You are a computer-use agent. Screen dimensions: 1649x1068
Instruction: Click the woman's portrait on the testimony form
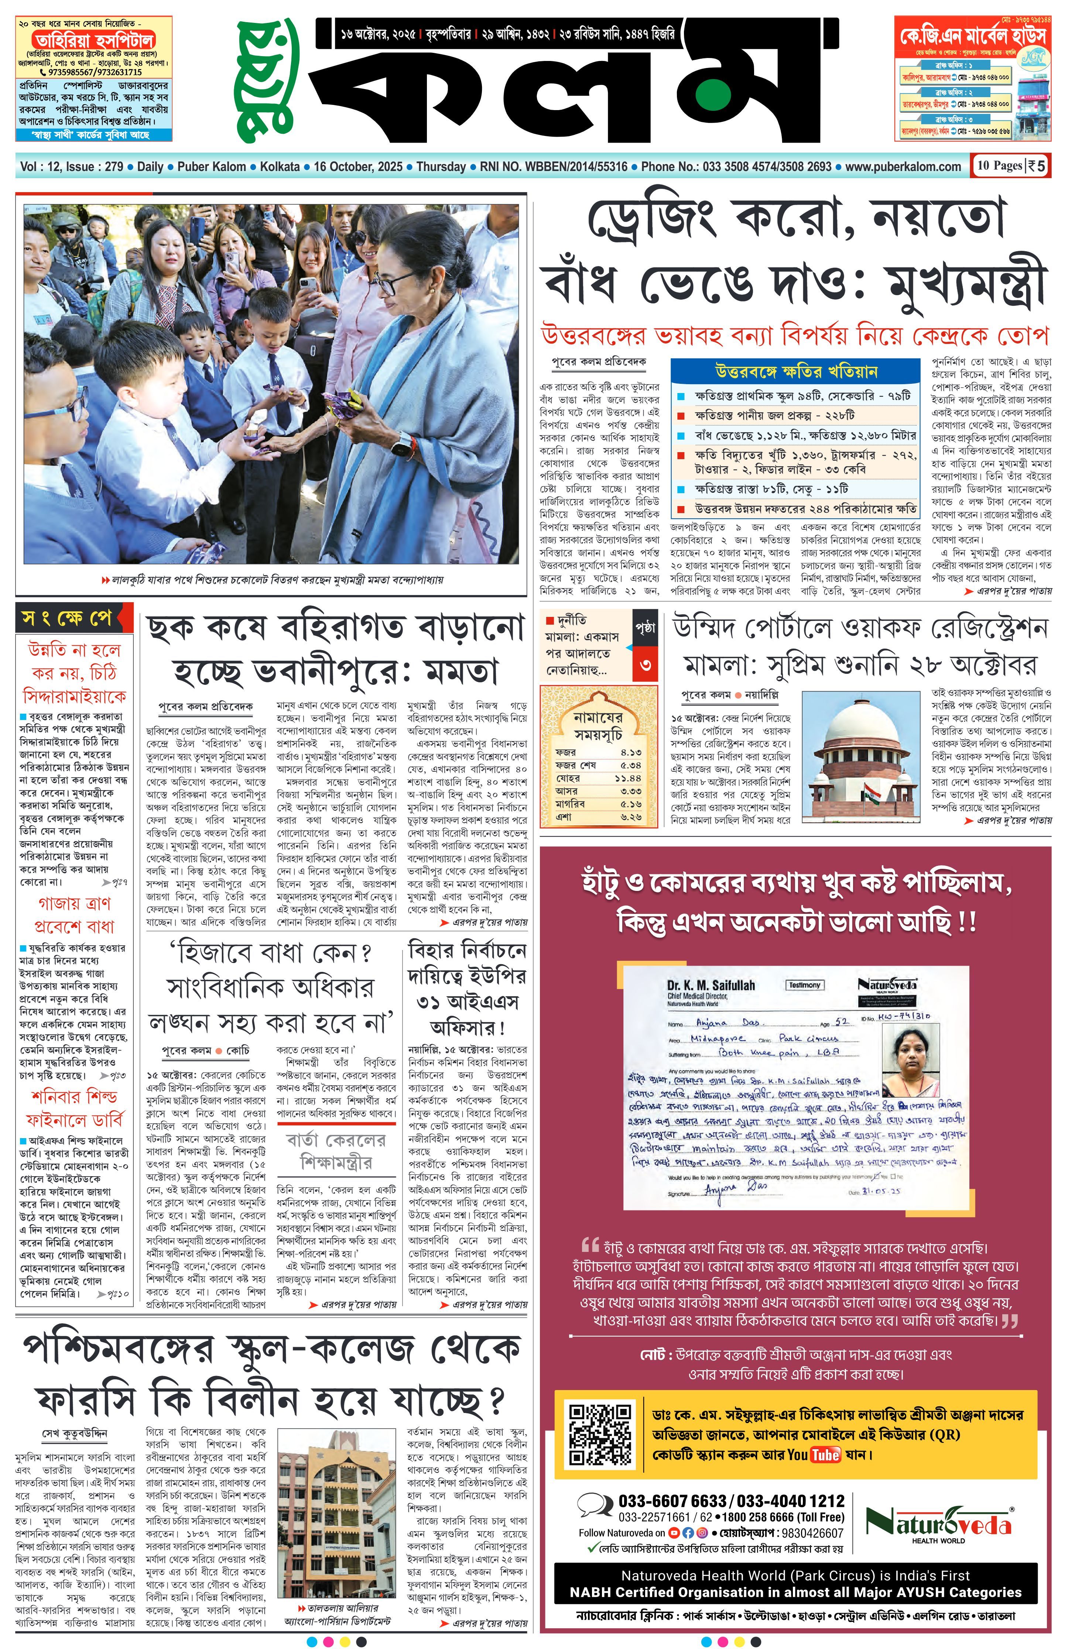[910, 1052]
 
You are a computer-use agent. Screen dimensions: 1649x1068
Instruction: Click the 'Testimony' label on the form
[804, 984]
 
